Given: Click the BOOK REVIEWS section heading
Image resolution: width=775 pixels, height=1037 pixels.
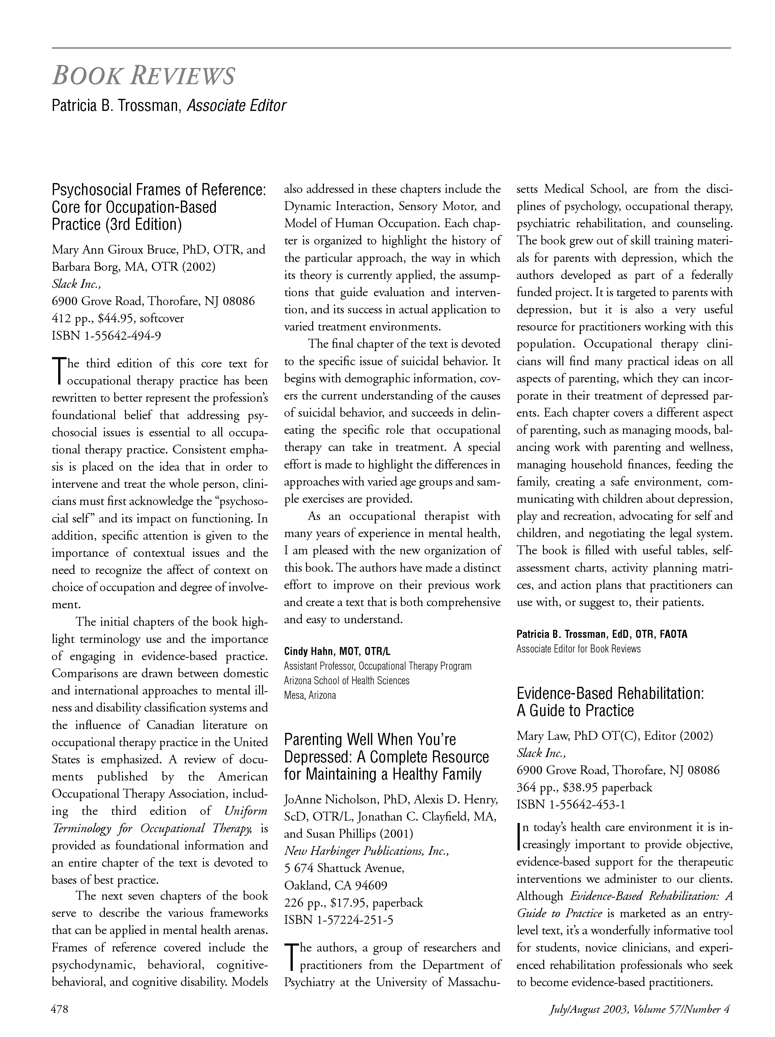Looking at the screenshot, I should coord(143,76).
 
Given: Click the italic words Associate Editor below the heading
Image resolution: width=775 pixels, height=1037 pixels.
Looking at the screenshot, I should coord(236,106).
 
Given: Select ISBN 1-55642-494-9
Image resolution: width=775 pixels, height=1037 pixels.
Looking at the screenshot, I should coord(106,336).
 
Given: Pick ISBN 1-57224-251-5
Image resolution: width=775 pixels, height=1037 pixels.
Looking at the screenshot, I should coord(339,920).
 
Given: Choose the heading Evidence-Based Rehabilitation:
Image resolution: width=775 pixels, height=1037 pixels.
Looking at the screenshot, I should coord(610,693).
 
